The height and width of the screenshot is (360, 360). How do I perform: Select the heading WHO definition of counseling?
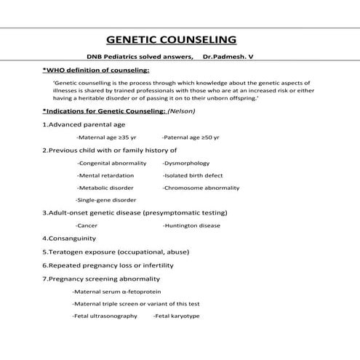tap(97, 71)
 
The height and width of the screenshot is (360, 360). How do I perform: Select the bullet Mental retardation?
tap(105, 175)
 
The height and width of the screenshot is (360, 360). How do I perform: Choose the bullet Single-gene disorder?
tap(106, 200)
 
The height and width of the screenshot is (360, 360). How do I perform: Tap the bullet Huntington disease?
tap(192, 225)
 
